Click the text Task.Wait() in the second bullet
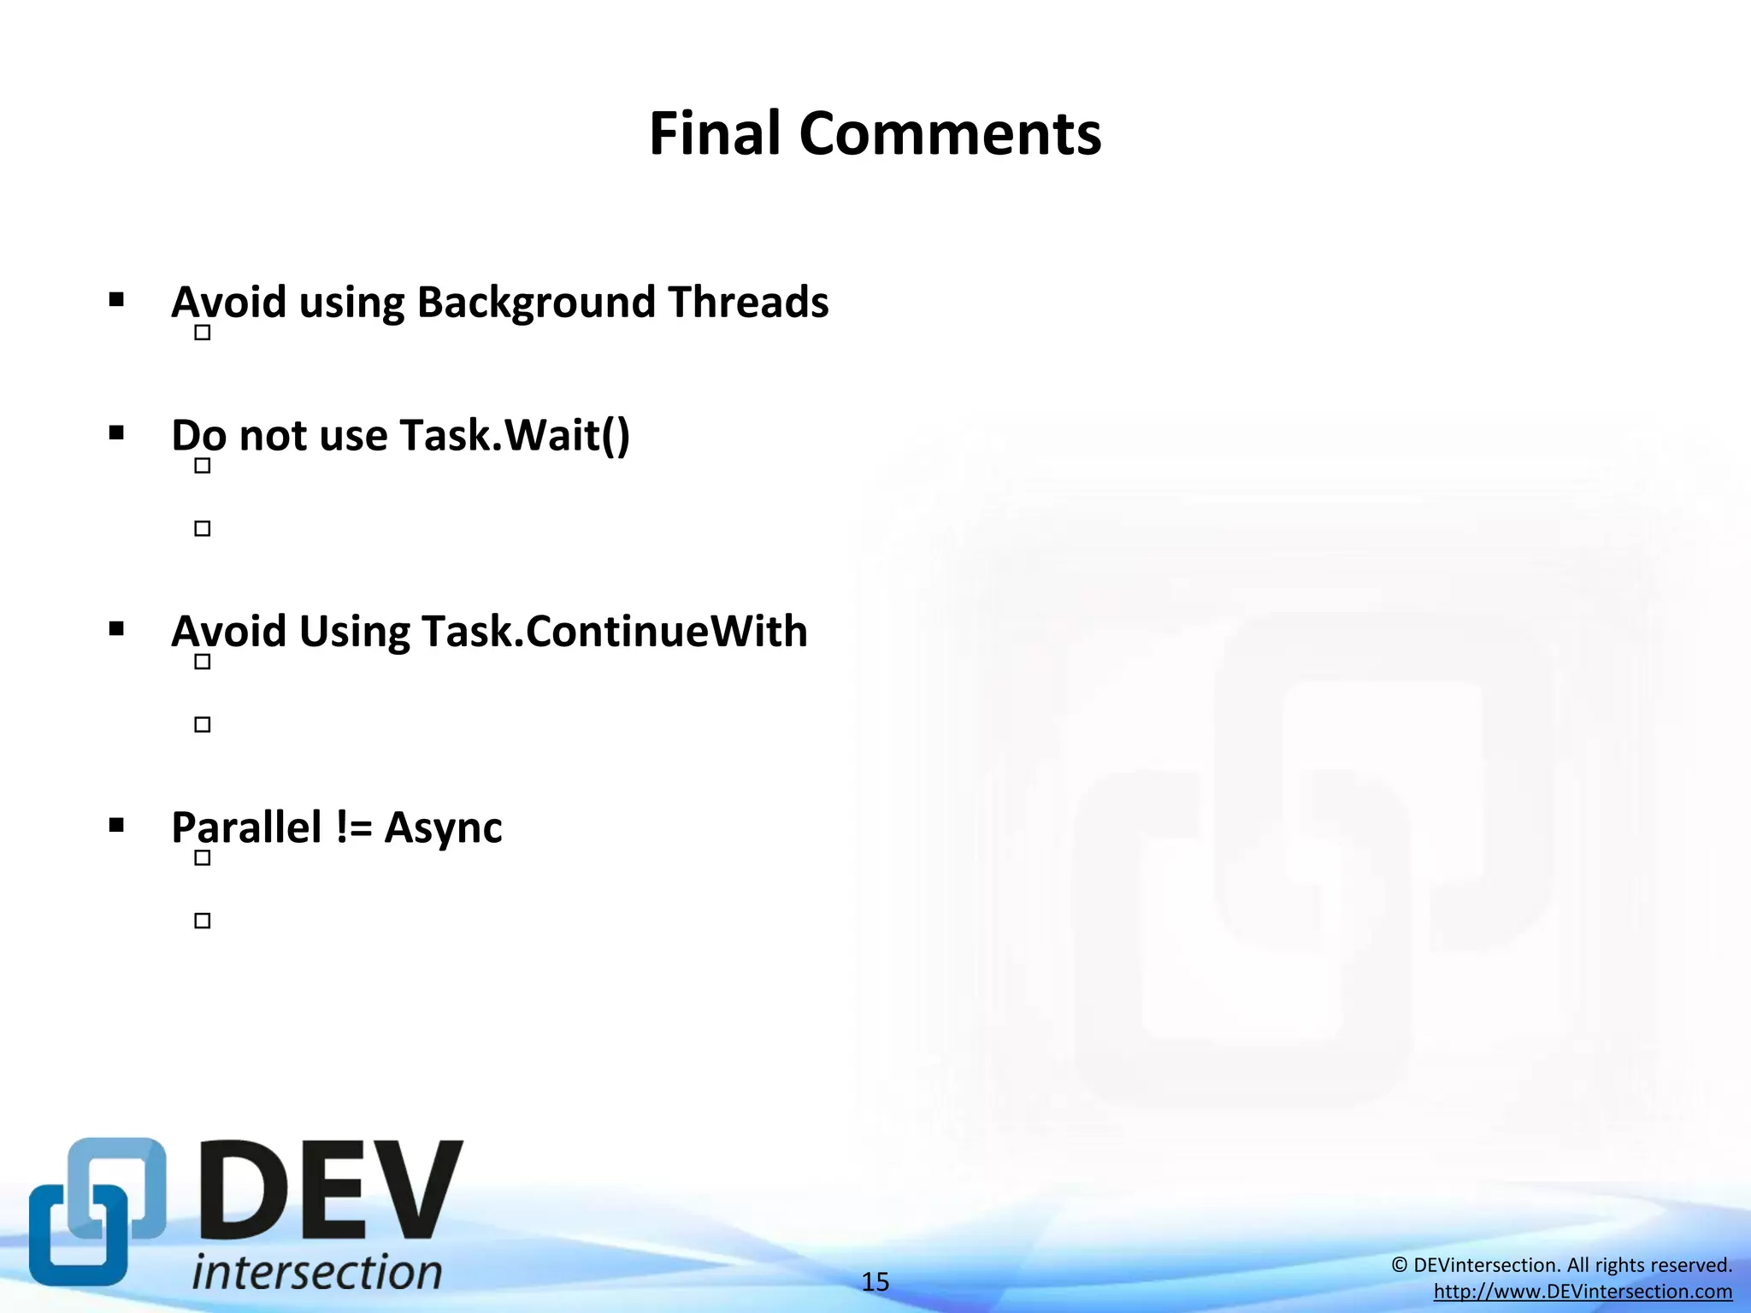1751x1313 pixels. point(514,435)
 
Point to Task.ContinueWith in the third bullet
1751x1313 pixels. point(614,632)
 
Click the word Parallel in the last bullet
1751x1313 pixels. point(246,827)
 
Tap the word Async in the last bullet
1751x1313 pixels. point(443,827)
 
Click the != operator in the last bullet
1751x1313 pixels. point(353,827)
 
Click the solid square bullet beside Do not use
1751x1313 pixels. point(117,433)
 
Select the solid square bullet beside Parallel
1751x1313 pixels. point(117,826)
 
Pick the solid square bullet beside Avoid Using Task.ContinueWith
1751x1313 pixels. point(117,630)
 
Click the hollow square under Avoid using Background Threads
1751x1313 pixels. point(203,333)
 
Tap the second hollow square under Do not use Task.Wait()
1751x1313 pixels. point(203,529)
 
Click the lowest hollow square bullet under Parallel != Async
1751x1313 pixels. point(203,921)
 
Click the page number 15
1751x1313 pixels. point(875,1282)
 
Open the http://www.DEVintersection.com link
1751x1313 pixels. point(1583,1292)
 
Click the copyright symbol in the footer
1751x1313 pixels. point(1400,1265)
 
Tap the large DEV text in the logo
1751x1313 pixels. point(332,1192)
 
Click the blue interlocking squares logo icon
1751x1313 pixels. point(97,1210)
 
